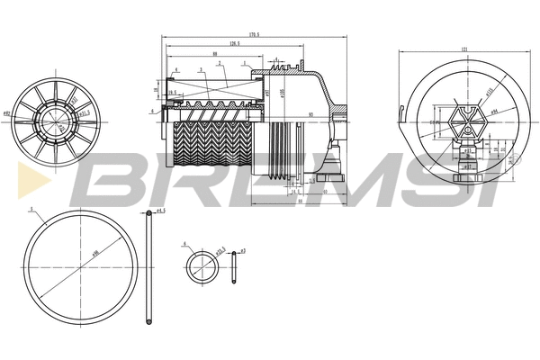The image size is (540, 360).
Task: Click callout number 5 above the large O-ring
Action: click(x=31, y=209)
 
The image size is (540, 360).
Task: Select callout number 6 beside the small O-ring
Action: click(x=184, y=243)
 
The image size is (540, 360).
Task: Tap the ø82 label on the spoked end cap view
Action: click(x=7, y=114)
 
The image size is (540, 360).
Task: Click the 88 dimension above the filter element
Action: click(x=215, y=54)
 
